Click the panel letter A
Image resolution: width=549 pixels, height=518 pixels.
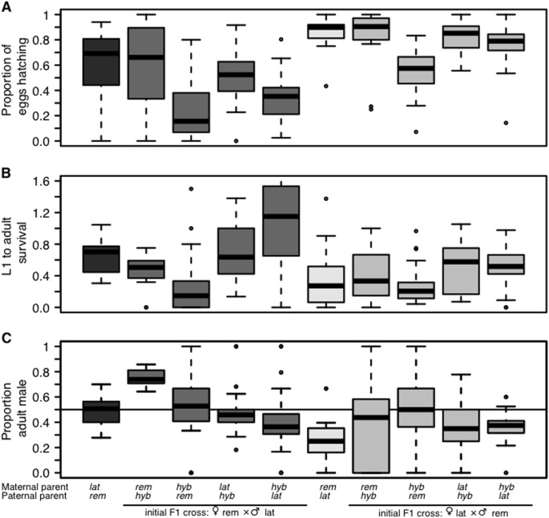(8, 7)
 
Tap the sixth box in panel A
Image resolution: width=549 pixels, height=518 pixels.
(326, 30)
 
